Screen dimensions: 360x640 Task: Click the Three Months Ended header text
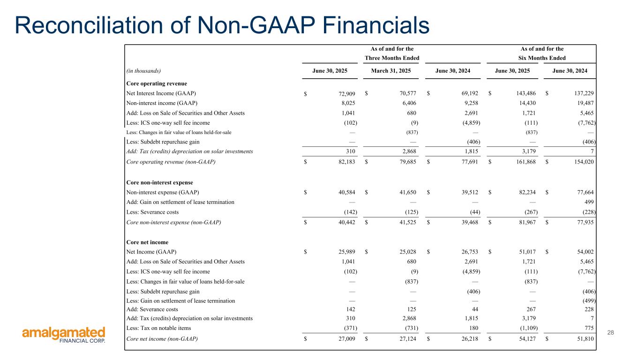pyautogui.click(x=392, y=58)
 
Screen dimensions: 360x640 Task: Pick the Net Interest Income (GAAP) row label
pyautogui.click(x=162, y=93)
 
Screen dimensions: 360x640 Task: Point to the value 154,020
pyautogui.click(x=583, y=162)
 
